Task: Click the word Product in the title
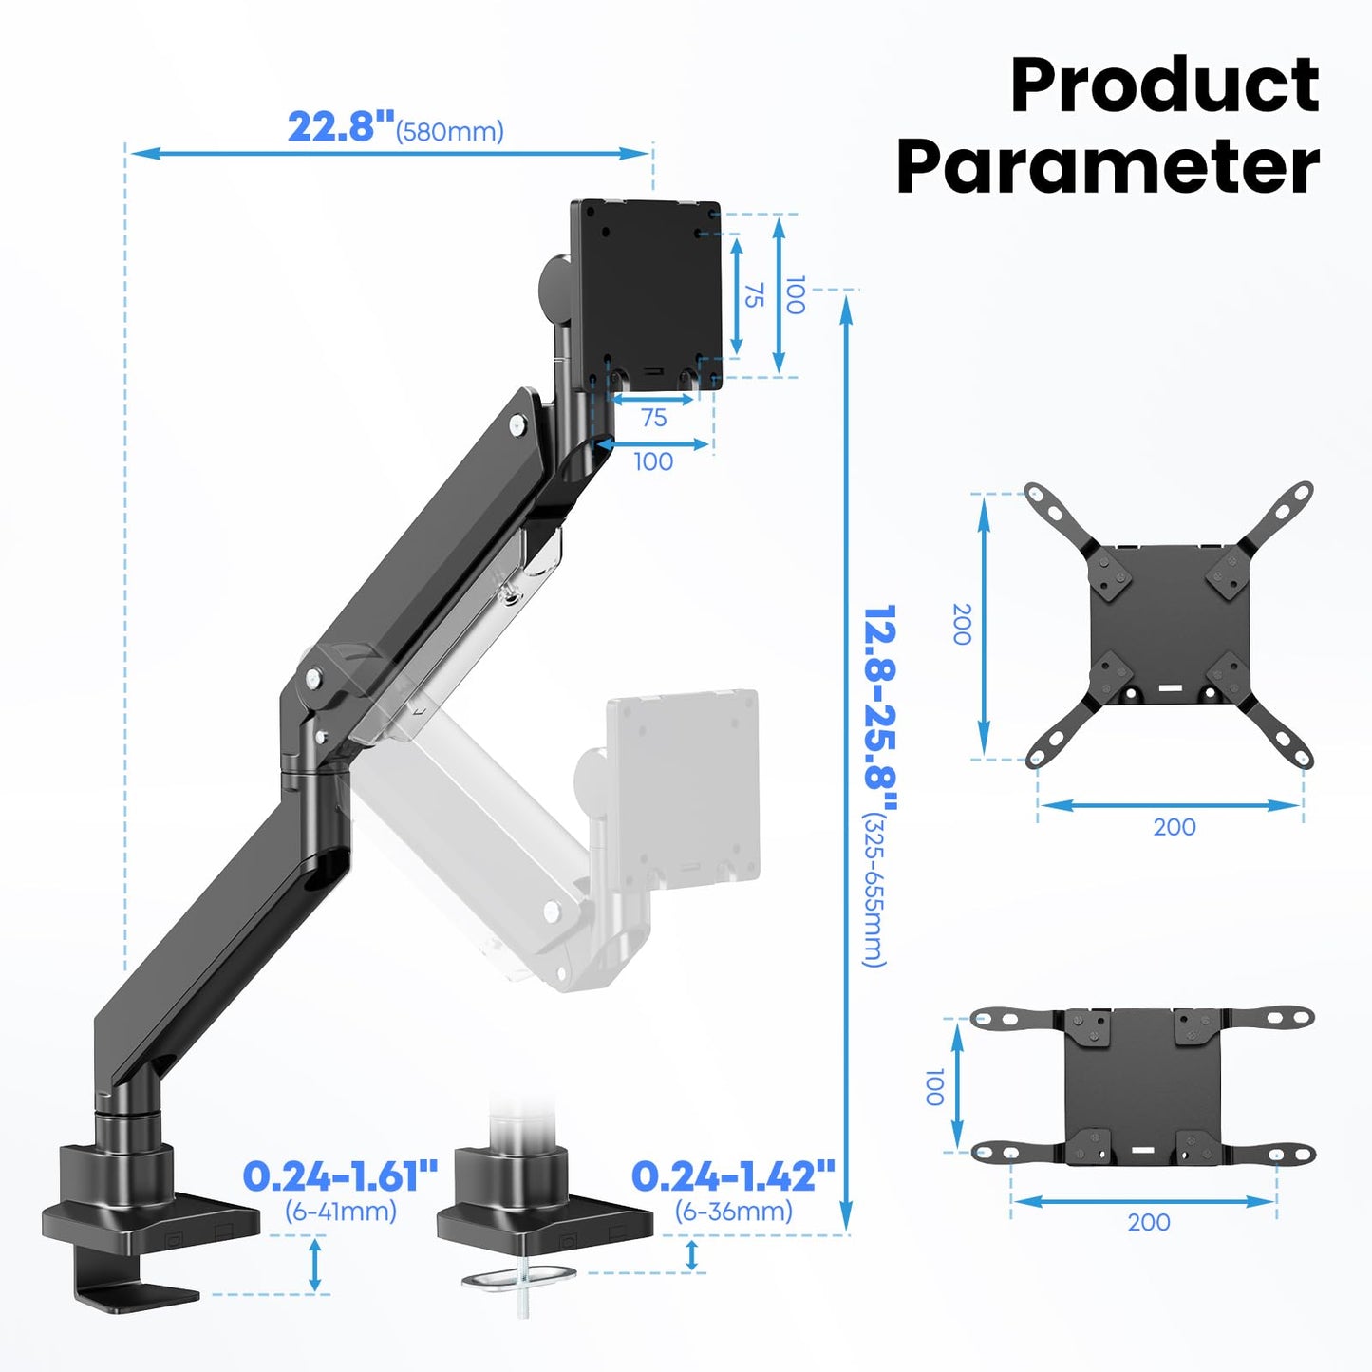1164,85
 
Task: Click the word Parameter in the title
1107,167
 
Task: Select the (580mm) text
450,132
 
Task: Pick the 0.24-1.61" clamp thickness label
340,1176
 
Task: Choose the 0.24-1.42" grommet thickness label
732,1176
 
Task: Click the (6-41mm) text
341,1212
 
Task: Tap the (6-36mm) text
733,1212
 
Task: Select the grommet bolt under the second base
521,1282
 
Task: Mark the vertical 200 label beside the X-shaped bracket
962,624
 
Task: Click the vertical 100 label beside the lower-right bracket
934,1086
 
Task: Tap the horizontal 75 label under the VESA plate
653,418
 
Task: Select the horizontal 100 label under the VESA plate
653,461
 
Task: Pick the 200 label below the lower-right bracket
1148,1222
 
